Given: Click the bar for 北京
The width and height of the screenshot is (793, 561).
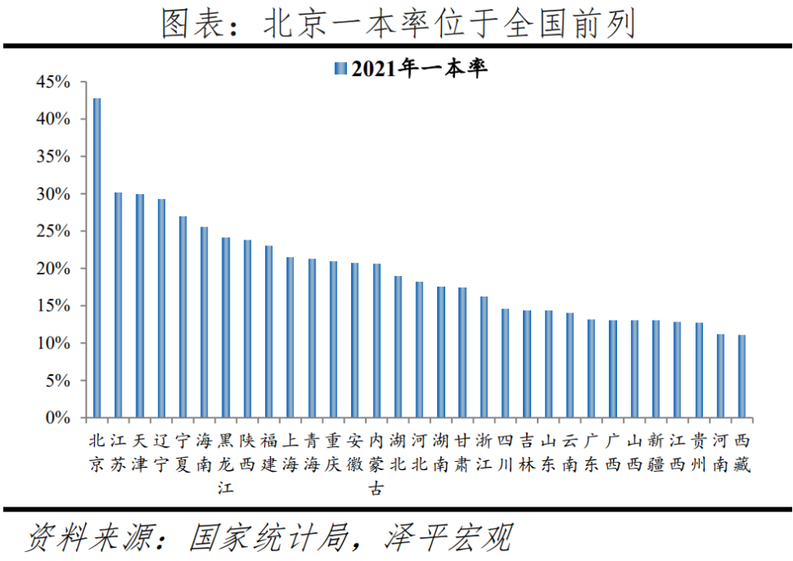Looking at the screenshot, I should (x=97, y=258).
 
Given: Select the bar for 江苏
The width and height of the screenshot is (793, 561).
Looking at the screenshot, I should (x=118, y=305).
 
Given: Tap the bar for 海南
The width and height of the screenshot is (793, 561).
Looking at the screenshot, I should (x=204, y=322).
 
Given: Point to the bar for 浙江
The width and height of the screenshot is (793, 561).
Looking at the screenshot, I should (x=484, y=357).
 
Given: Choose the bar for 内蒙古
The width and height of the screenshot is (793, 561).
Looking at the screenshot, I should (x=377, y=340).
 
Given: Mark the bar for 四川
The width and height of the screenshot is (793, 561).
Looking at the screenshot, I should (x=506, y=363).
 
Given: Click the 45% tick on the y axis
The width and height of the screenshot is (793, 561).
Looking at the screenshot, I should (x=55, y=82).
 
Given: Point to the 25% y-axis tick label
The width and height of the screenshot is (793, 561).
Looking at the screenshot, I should (x=55, y=231).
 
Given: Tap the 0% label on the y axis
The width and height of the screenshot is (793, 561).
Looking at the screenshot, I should (x=59, y=418).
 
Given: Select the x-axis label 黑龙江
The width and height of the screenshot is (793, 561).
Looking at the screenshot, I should (x=226, y=464).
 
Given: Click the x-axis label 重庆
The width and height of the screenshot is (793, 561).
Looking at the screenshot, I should (x=333, y=451).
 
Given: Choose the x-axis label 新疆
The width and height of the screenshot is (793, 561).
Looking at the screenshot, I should (x=656, y=451).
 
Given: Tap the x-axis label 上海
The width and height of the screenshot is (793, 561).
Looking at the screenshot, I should (x=290, y=451).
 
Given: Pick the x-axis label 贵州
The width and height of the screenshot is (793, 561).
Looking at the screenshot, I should (x=699, y=451).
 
